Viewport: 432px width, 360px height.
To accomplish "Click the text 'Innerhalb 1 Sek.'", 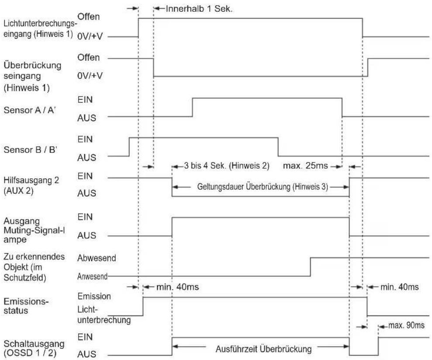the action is (199, 9).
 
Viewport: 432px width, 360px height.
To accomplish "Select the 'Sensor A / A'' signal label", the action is (30, 110).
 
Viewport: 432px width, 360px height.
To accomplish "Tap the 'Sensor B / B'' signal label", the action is (30, 150).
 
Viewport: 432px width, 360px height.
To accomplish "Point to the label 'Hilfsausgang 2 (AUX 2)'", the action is (31, 185).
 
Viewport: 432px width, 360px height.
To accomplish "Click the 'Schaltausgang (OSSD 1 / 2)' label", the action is (34, 348).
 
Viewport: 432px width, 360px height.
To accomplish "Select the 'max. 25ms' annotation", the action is (305, 166).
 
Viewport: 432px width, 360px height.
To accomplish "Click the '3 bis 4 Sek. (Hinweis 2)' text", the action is (226, 166).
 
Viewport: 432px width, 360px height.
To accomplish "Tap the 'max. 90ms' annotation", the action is (406, 325).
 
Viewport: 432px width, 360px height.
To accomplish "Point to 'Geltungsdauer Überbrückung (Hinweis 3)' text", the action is (263, 187).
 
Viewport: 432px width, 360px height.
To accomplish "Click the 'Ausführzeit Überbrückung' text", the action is (263, 349).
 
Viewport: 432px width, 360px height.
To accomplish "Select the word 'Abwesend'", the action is (97, 258).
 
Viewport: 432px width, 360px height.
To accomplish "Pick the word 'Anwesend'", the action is (92, 276).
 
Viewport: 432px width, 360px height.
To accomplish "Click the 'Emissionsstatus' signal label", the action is (26, 306).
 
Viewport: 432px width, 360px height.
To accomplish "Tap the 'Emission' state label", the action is (94, 296).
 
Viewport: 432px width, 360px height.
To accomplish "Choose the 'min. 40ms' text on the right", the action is (400, 287).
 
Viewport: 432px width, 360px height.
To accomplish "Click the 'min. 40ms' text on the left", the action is (177, 287).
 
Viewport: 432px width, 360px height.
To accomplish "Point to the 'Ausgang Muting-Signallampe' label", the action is (34, 230).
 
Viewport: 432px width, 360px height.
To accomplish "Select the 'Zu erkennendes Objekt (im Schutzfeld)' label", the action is (34, 267).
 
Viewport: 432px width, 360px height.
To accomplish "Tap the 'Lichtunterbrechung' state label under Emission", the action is (104, 315).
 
